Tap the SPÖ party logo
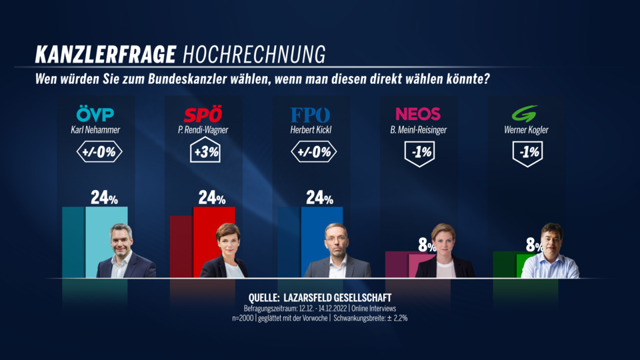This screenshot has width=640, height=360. (203, 114)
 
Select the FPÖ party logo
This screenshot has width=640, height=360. (310, 114)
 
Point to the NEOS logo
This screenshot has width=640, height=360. (418, 114)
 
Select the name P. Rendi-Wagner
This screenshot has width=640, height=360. (203, 131)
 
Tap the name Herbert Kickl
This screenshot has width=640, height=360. (310, 131)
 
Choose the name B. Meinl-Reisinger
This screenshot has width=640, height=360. (418, 131)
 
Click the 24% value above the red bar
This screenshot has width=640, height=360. (211, 198)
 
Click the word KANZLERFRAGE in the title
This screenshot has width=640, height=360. (105, 53)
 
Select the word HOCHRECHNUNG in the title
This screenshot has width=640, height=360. (254, 53)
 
